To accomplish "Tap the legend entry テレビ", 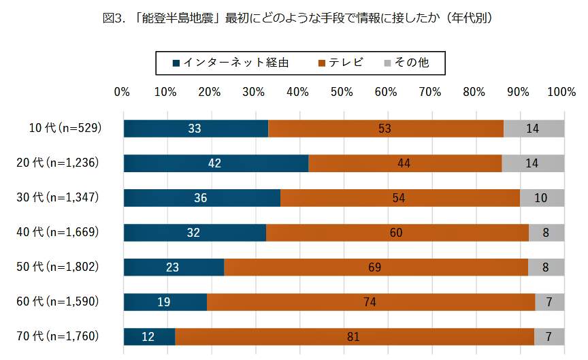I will [x=340, y=63].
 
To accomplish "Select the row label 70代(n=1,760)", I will [x=59, y=336].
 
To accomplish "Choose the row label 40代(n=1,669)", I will [x=59, y=232].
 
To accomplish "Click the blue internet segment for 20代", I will [x=216, y=163].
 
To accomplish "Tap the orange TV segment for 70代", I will [x=355, y=336].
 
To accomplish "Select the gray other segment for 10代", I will [x=534, y=128].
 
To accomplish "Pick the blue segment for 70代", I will [x=149, y=336].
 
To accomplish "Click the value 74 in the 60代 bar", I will [x=370, y=301].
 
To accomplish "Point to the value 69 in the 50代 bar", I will [x=374, y=267].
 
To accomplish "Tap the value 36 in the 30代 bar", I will [x=201, y=197].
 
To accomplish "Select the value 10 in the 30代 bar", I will [x=542, y=197].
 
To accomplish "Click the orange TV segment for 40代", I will [x=397, y=232].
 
